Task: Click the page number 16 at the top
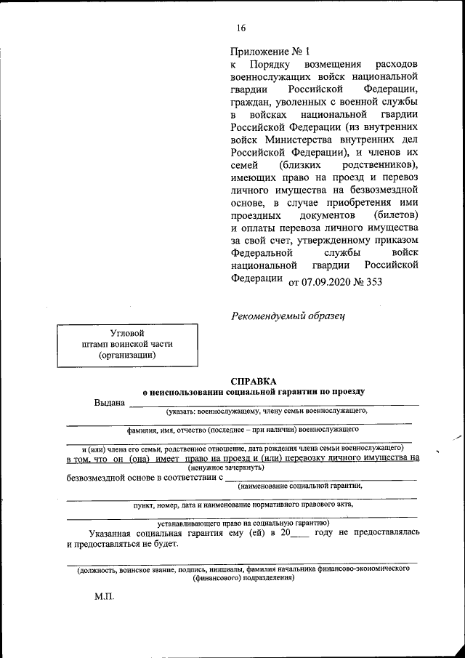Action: coord(240,28)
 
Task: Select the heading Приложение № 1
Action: coord(270,52)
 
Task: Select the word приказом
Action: coord(395,241)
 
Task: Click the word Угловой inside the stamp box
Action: coord(126,332)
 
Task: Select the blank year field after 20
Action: coord(299,534)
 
